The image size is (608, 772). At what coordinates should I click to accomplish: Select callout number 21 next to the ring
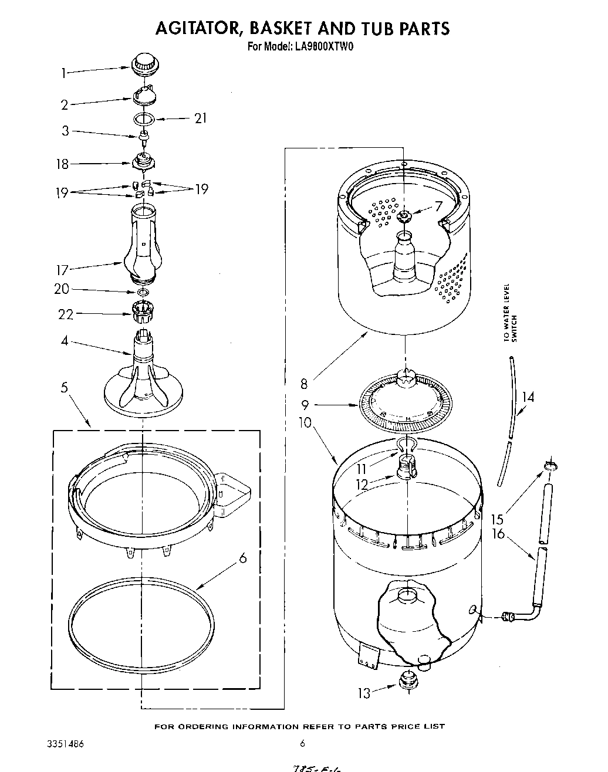coord(201,119)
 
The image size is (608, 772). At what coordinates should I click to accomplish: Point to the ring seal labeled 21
coord(144,119)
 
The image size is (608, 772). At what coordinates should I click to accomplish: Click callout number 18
coord(62,165)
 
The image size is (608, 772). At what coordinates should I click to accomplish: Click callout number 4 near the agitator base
coord(65,340)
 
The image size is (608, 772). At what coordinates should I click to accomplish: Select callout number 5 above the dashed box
coord(64,387)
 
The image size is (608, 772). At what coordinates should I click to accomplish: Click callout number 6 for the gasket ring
coord(242,558)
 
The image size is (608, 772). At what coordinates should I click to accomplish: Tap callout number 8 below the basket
coord(303,385)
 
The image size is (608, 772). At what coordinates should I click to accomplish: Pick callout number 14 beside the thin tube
coord(528,397)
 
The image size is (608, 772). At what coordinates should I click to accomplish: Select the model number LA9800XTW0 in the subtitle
coord(320,47)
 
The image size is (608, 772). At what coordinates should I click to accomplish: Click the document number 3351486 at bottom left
coord(65,744)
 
